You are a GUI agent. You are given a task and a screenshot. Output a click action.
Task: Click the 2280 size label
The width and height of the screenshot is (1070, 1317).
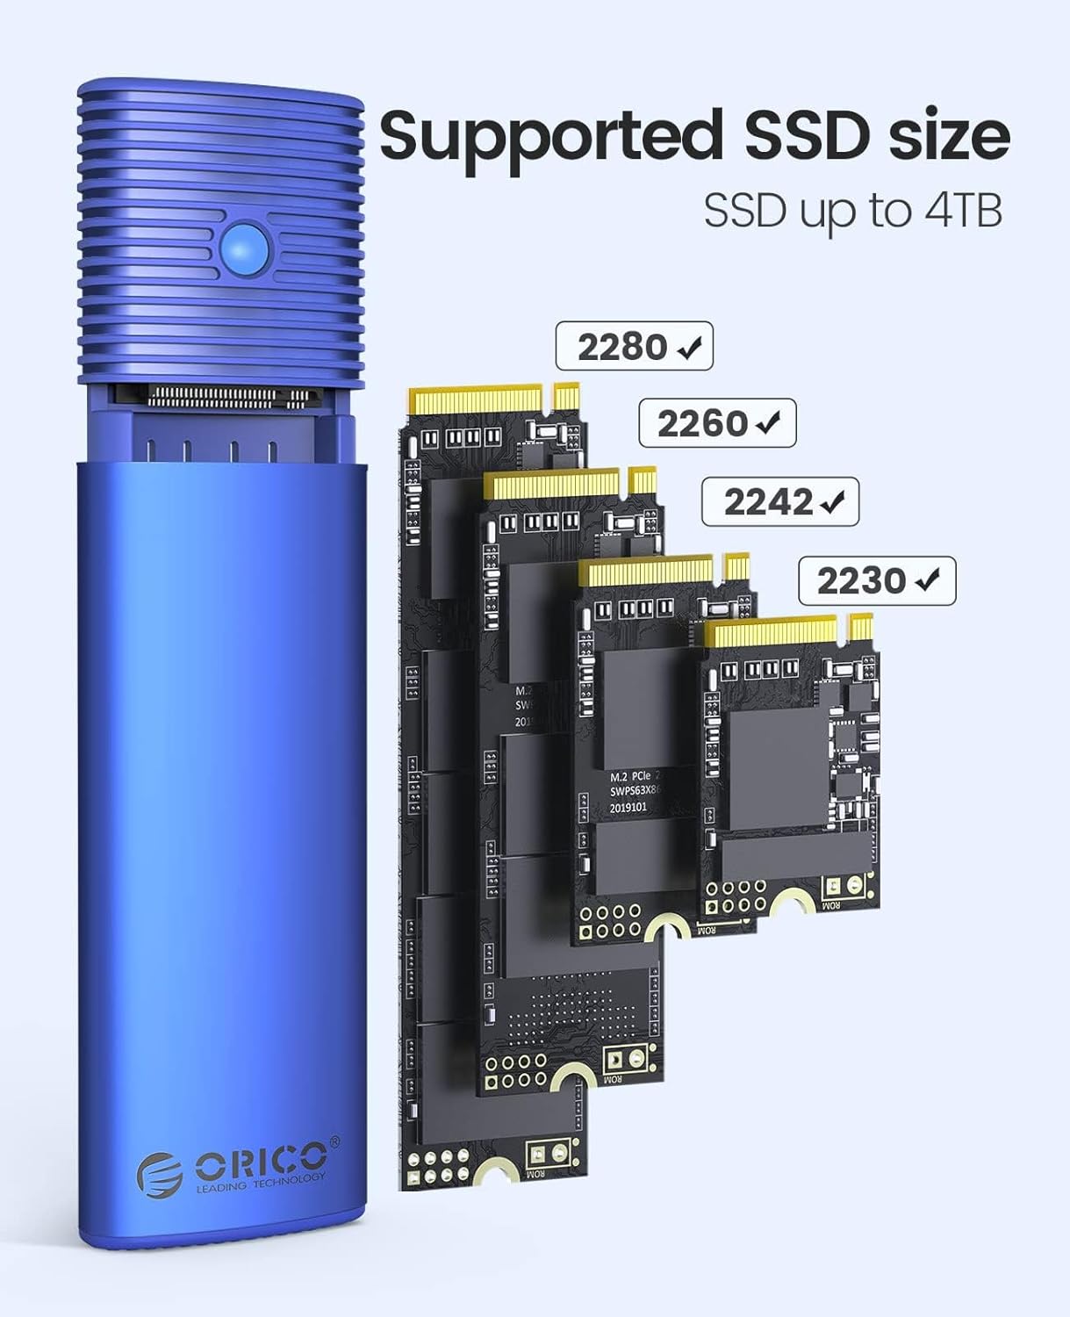(x=621, y=348)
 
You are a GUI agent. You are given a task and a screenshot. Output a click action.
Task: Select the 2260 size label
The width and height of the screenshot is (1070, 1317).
(x=702, y=425)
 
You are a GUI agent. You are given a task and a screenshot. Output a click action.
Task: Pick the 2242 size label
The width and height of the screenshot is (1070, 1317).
(x=768, y=502)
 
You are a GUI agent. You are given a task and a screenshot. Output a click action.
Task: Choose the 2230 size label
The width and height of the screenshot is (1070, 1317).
(x=861, y=580)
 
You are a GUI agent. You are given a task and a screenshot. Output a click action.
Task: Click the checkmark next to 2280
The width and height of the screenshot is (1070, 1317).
(x=691, y=349)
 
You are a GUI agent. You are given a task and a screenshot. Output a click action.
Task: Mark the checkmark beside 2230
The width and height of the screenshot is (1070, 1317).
(x=928, y=580)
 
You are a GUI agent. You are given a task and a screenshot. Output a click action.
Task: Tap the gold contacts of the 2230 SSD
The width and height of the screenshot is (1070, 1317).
(x=772, y=630)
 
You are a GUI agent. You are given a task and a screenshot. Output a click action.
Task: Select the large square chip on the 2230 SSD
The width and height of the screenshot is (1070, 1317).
(x=777, y=769)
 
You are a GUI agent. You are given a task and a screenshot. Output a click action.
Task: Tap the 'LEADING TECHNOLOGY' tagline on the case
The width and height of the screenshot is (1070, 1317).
(x=261, y=1184)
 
